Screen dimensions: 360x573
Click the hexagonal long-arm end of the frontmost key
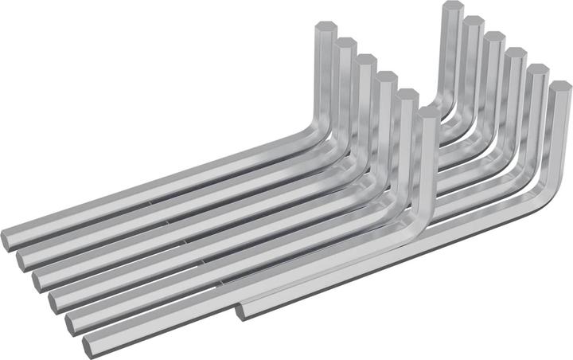(x=88, y=346)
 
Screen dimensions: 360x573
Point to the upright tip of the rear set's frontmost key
(x=559, y=86)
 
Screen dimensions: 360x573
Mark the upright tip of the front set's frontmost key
(x=427, y=112)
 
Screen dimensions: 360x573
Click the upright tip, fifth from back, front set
(x=406, y=94)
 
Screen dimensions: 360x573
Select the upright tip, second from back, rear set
(x=474, y=21)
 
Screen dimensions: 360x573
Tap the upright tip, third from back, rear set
(x=494, y=36)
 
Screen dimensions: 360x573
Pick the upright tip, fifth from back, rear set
(x=538, y=68)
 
